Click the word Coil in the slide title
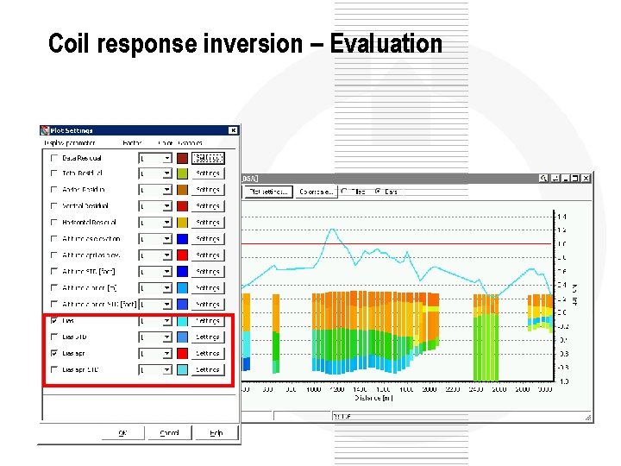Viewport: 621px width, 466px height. coord(66,43)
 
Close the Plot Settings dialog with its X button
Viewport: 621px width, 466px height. coord(232,130)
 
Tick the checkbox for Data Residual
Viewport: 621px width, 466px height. coord(54,158)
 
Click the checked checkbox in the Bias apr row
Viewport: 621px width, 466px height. coord(54,353)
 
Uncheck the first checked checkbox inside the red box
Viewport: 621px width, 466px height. coord(54,320)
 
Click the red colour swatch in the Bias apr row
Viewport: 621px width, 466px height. coord(182,353)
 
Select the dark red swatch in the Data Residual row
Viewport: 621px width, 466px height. coord(182,158)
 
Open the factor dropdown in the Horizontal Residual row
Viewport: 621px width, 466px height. coord(167,223)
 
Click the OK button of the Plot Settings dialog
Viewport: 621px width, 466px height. coord(122,433)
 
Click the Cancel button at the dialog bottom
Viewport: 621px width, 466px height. coord(169,433)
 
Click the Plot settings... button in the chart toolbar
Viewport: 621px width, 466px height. coord(268,192)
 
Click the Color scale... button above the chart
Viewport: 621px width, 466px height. coord(317,192)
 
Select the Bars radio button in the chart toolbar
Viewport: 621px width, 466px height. coord(379,192)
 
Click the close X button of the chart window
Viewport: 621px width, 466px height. coord(586,178)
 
